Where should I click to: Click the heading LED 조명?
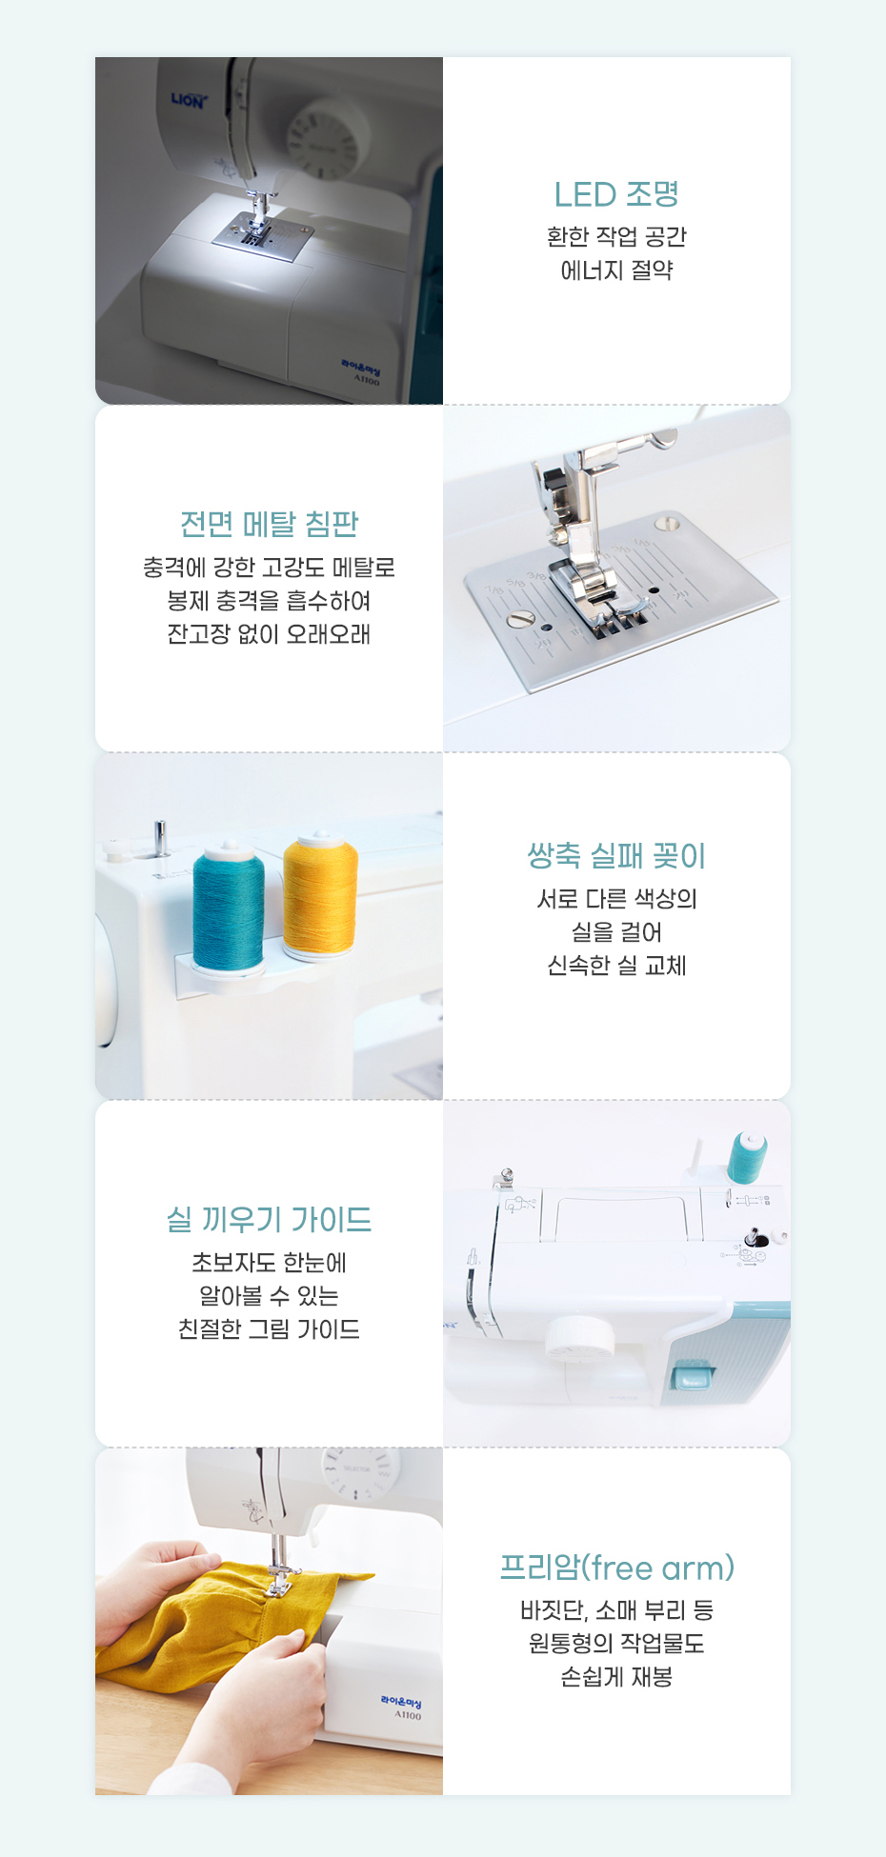616,194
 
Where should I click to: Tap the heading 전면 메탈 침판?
270,524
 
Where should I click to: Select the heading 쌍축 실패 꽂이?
616,856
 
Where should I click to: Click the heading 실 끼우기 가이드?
270,1219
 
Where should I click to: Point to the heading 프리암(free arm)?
617,1567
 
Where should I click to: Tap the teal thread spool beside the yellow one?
229,906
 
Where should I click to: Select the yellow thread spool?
320,896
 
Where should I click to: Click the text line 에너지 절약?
616,270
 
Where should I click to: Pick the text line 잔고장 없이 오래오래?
270,634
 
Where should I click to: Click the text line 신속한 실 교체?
616,966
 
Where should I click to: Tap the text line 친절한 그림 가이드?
270,1329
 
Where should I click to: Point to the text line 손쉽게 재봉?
616,1677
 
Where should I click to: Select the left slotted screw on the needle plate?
520,619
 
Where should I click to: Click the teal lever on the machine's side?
693,1375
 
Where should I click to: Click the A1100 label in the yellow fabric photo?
408,1715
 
